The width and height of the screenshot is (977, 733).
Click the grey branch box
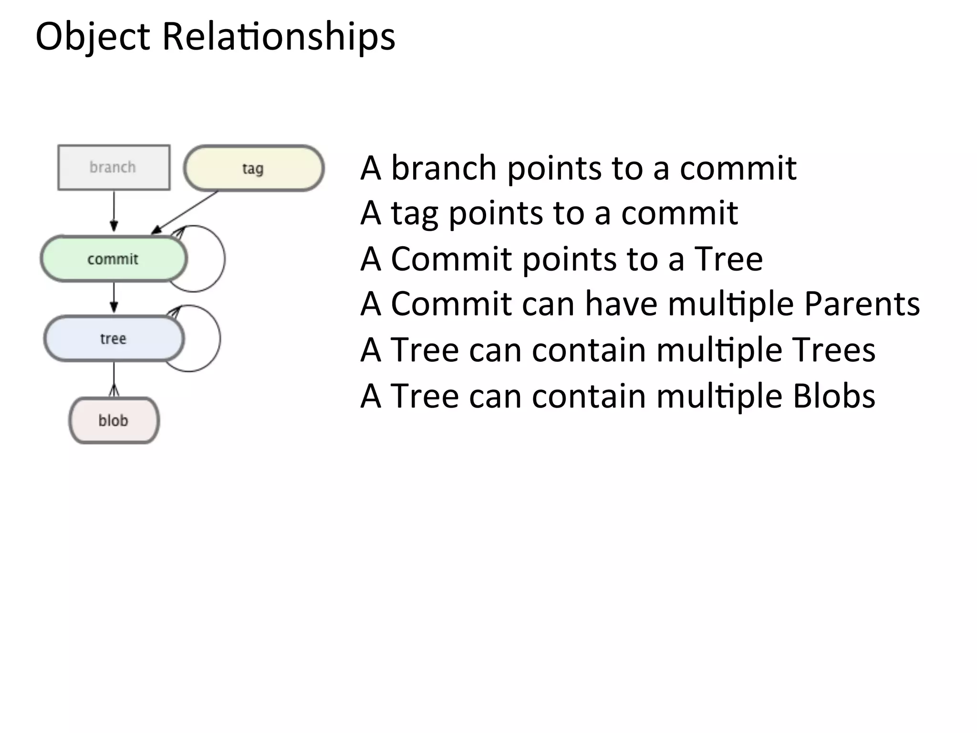114,168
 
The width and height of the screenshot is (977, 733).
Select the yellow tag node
253,168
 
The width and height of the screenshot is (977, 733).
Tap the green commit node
113,259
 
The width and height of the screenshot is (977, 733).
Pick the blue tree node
114,339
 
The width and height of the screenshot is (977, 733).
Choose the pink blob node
114,420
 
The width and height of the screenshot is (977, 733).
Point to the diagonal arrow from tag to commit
186,211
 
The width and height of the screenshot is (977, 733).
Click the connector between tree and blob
114,379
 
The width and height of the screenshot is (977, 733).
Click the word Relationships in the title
279,37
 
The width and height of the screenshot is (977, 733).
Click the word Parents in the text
862,304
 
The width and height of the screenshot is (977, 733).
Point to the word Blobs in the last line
833,396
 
